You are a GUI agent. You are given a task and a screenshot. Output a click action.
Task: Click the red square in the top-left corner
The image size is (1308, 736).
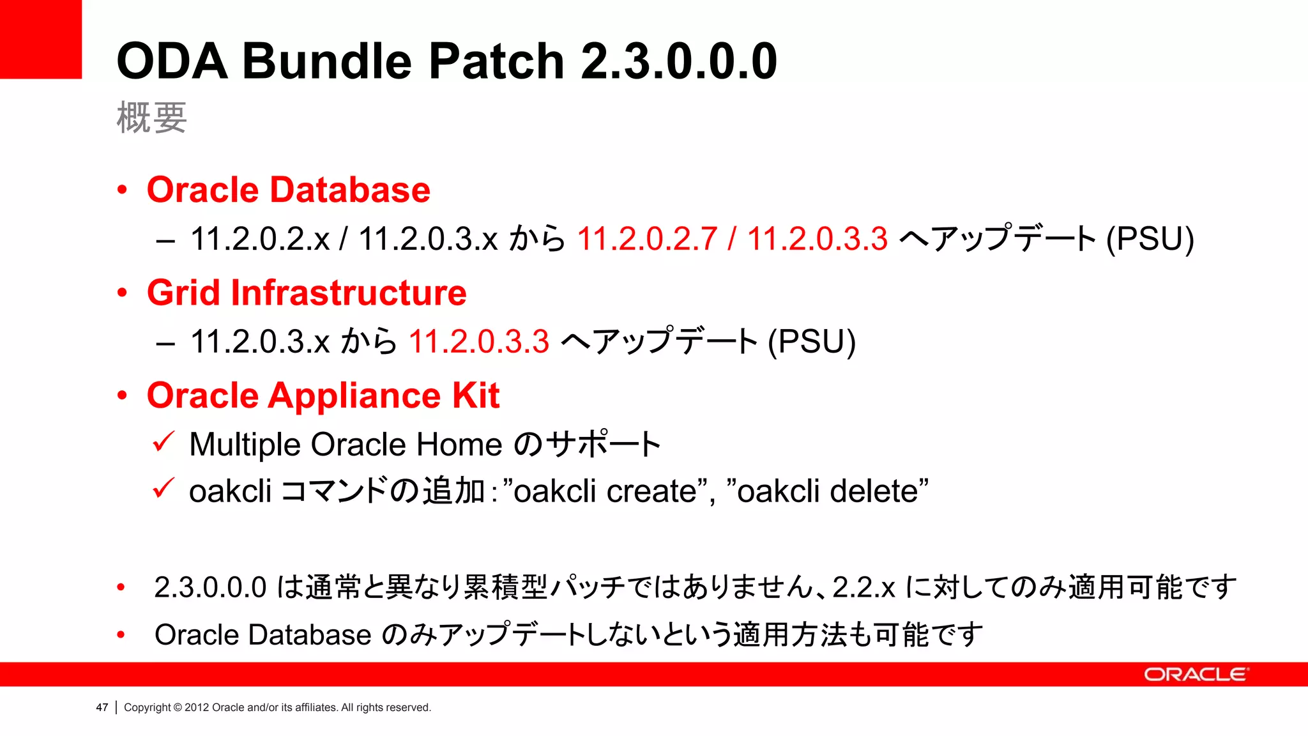[40, 38]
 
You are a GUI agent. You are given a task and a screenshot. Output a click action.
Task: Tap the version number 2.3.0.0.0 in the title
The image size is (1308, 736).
[679, 61]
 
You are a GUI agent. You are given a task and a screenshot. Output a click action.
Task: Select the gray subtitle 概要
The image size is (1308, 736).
[151, 118]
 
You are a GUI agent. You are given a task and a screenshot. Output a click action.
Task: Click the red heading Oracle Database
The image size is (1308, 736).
[289, 190]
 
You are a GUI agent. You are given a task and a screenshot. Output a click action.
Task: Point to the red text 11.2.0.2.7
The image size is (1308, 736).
[647, 239]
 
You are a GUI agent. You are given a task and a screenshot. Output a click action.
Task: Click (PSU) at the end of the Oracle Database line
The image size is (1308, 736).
[1150, 239]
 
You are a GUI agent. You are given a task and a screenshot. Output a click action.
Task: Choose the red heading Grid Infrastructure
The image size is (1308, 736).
[307, 293]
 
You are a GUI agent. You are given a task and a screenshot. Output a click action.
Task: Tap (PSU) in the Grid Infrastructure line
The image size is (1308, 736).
[811, 341]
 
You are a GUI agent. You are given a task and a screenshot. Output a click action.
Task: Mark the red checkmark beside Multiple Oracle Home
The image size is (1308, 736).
[164, 441]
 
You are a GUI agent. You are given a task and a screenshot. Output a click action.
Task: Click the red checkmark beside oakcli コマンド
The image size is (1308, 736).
[164, 489]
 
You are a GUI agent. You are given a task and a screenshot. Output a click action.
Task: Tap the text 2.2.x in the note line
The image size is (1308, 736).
[863, 587]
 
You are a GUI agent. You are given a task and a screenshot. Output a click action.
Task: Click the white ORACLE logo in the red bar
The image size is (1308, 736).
[1195, 675]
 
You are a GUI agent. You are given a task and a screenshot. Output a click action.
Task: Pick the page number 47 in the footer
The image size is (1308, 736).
[102, 707]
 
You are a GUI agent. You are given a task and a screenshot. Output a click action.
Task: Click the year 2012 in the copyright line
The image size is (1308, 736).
[197, 707]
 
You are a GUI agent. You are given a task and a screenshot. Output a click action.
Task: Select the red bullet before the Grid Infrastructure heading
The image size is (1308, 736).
[122, 293]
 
